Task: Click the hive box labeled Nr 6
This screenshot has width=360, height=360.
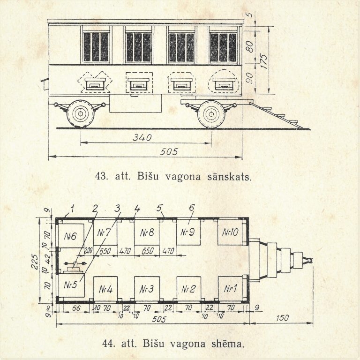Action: coord(70,236)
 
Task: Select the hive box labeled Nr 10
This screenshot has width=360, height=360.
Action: coord(230,232)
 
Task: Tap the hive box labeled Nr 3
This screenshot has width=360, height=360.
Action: coord(147,289)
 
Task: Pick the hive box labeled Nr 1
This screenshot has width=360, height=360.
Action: coord(230,289)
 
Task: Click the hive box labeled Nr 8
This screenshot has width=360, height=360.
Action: coord(147,232)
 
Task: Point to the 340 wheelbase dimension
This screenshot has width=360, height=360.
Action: coord(142,137)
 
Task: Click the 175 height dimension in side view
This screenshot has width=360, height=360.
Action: coord(264,61)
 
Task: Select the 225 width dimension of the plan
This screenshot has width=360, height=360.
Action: coord(35,261)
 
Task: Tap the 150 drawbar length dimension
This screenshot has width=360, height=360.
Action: coord(282,318)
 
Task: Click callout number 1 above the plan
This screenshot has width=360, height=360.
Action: coord(72,209)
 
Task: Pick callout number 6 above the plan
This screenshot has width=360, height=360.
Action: coord(192,208)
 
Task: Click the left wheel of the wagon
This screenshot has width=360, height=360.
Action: coord(80,113)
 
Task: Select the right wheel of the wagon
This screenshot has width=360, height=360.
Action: coord(211,114)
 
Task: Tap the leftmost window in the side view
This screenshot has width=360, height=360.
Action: coord(96,47)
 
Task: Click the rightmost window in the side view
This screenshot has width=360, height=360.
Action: coord(224,47)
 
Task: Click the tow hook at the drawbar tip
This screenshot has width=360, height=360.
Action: coord(308,260)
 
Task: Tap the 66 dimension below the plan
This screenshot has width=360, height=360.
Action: coord(76,308)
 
